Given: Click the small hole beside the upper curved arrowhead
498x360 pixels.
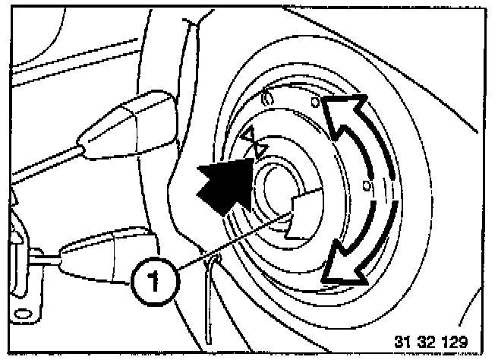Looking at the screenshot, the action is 315,102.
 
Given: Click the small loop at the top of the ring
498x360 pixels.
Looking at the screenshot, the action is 267,97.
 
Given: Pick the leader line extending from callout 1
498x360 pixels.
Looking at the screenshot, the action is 228,241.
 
